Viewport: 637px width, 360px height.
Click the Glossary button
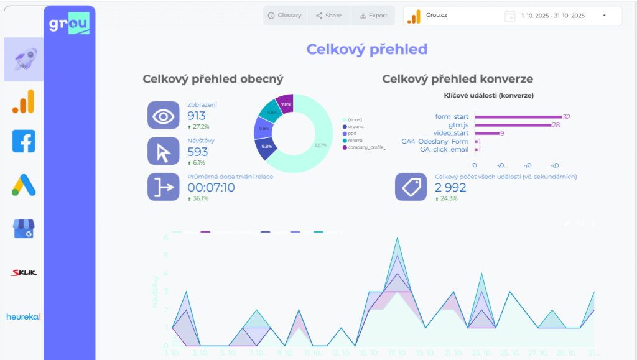tap(284, 16)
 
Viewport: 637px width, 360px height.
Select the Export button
tap(373, 16)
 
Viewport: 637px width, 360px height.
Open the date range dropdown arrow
tap(604, 16)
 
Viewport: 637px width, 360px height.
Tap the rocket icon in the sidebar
tap(24, 59)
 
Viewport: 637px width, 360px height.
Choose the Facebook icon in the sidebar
tap(24, 141)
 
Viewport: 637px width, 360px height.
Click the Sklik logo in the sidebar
tap(24, 272)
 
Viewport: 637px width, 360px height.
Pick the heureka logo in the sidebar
tap(24, 316)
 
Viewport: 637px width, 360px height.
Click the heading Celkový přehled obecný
tap(213, 80)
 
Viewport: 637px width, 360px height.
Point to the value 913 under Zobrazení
tap(197, 115)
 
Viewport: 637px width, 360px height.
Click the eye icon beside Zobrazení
tap(163, 115)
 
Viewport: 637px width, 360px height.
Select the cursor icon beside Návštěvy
tap(163, 151)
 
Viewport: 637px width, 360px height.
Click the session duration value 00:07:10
tap(211, 187)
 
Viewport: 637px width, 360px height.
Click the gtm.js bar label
tap(459, 125)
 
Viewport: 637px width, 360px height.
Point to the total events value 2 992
tap(450, 187)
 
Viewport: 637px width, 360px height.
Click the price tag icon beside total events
tap(411, 187)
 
